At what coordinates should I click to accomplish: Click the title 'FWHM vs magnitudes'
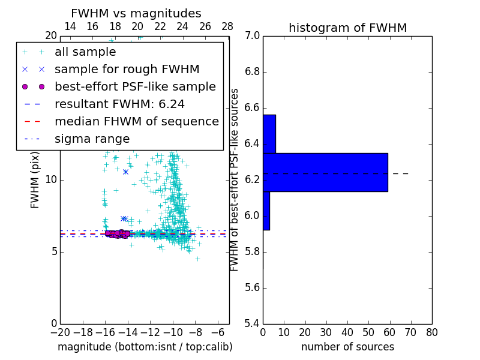pyautogui.click(x=136, y=13)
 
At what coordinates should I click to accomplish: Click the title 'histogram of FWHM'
pyautogui.click(x=347, y=28)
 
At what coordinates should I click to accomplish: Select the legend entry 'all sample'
pyautogui.click(x=85, y=52)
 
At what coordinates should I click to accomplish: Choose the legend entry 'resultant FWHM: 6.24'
pyautogui.click(x=119, y=104)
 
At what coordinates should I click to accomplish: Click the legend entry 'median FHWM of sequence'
pyautogui.click(x=136, y=121)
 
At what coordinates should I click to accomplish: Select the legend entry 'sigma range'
pyautogui.click(x=92, y=139)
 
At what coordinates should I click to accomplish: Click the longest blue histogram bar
pyautogui.click(x=325, y=172)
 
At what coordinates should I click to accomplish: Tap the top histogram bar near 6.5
pyautogui.click(x=269, y=134)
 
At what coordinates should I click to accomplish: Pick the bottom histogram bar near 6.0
pyautogui.click(x=266, y=211)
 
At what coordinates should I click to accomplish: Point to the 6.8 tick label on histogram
pyautogui.click(x=251, y=72)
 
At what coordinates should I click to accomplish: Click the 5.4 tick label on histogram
pyautogui.click(x=251, y=323)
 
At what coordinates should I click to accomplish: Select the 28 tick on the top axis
pyautogui.click(x=227, y=26)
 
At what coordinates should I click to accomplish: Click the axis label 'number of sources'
pyautogui.click(x=347, y=347)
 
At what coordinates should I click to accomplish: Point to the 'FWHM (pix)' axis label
pyautogui.click(x=35, y=179)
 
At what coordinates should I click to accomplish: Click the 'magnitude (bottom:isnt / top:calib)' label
pyautogui.click(x=145, y=347)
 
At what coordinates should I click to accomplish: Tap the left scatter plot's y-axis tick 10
pyautogui.click(x=51, y=179)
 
